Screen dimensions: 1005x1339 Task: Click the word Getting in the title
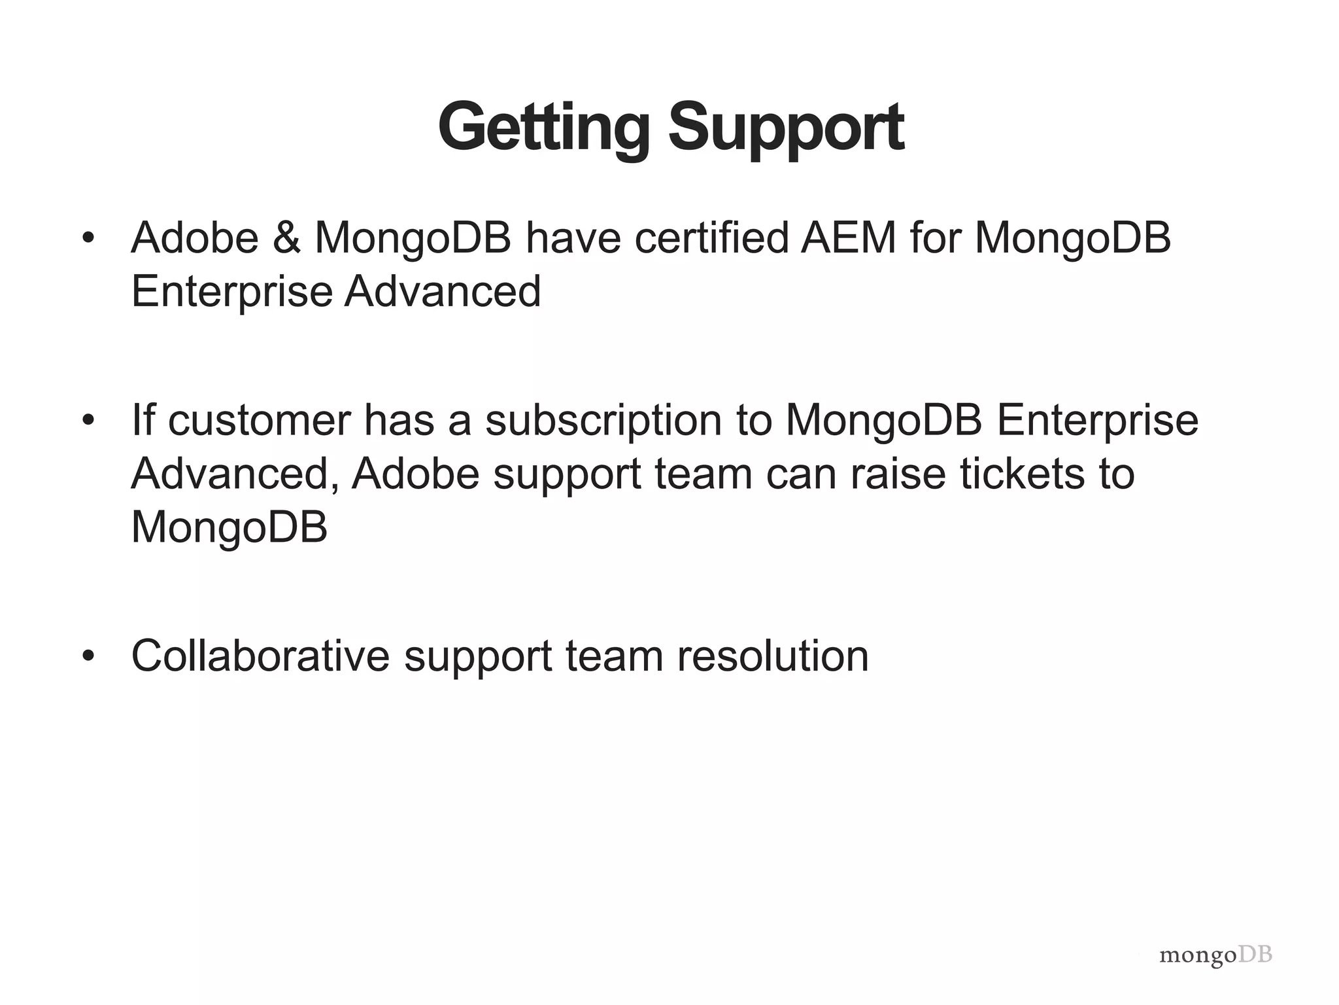point(543,128)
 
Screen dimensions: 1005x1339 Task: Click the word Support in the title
point(786,128)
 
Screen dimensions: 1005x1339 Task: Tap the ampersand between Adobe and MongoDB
point(286,238)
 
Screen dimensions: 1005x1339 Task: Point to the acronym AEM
point(849,238)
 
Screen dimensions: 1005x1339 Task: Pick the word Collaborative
point(260,656)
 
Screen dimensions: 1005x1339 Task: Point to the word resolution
point(773,656)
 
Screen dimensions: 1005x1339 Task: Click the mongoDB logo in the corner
point(1215,956)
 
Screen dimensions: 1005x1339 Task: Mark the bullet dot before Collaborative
point(89,656)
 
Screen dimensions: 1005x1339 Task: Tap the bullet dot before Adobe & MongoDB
point(89,238)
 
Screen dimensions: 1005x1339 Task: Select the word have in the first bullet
point(572,238)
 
